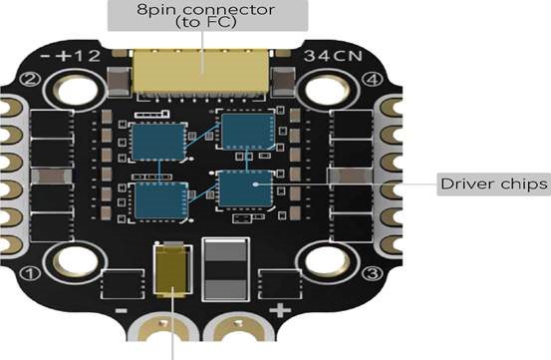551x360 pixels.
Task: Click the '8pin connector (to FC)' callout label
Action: [x=207, y=15]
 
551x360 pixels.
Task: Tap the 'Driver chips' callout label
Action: [x=494, y=183]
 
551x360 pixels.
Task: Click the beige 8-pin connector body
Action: [x=200, y=71]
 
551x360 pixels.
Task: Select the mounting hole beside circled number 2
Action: [x=75, y=89]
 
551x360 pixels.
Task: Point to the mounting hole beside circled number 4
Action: [x=327, y=89]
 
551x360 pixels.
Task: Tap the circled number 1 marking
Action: [x=30, y=273]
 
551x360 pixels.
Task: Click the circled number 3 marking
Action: [x=373, y=273]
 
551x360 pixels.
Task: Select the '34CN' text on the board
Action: [x=333, y=56]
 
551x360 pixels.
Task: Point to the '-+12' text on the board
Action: [x=71, y=56]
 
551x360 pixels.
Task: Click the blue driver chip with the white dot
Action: [x=245, y=188]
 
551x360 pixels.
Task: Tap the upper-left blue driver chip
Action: [x=158, y=142]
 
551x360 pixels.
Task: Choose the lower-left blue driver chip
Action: [x=161, y=200]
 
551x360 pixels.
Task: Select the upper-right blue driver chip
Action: [x=248, y=130]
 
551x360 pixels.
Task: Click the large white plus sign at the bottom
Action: [x=280, y=311]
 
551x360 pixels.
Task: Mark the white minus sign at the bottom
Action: [x=122, y=311]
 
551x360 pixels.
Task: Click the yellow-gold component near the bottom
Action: [x=173, y=270]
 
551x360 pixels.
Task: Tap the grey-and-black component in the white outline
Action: [x=225, y=269]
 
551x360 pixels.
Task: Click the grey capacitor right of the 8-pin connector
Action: [x=284, y=82]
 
